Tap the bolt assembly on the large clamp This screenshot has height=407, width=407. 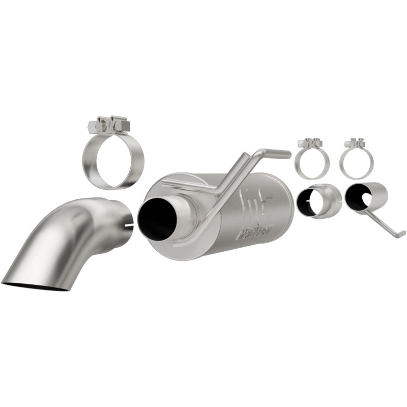click(x=108, y=125)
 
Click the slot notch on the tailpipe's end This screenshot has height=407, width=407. click(x=129, y=224)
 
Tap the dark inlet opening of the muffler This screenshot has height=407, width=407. click(x=157, y=217)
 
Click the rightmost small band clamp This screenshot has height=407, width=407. click(x=357, y=163)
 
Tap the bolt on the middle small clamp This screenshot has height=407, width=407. click(x=310, y=143)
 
